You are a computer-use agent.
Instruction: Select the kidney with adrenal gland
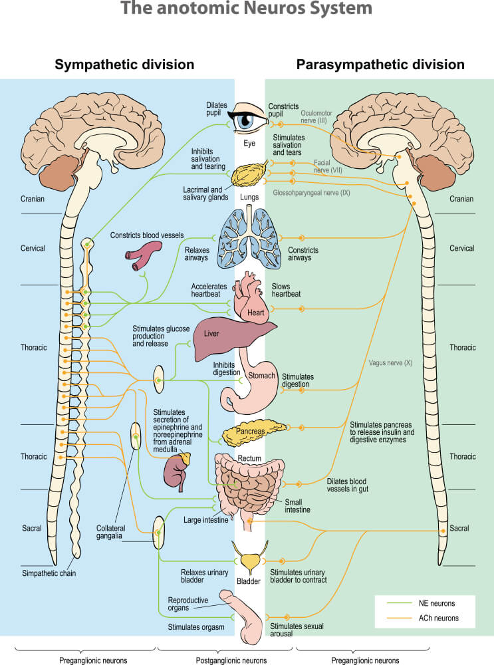[x=176, y=469]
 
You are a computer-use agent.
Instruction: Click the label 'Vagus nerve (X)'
[x=390, y=363]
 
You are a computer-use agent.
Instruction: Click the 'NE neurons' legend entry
[x=437, y=603]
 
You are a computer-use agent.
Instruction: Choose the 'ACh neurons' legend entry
[x=437, y=618]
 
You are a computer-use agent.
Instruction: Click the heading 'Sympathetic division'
[x=124, y=65]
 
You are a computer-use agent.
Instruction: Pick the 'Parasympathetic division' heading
[x=380, y=65]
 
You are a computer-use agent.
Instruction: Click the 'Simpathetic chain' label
[x=49, y=573]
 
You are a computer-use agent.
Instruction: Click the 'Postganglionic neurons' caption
[x=231, y=660]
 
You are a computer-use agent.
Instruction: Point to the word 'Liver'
[x=211, y=332]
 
